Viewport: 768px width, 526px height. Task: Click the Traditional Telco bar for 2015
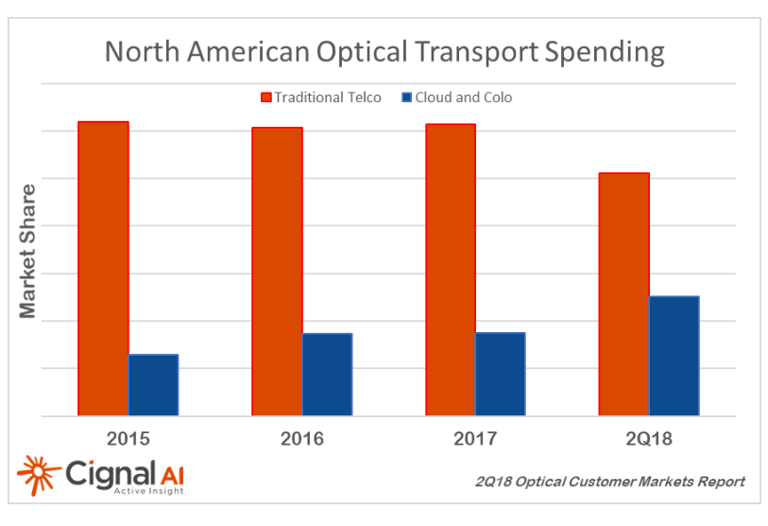pos(103,269)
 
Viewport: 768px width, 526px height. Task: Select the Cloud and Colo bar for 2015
pos(153,385)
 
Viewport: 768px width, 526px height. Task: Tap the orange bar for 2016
pos(277,272)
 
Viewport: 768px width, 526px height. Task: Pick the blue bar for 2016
pos(327,375)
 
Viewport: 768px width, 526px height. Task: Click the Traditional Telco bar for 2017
pos(451,270)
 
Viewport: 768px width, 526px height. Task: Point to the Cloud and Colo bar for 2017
pos(501,374)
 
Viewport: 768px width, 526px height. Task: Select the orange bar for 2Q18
pos(624,294)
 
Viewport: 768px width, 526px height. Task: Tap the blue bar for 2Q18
pos(674,356)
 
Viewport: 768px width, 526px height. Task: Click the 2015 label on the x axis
pos(128,439)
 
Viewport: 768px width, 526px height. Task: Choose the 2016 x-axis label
pos(301,439)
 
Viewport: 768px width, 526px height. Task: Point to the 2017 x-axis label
pos(475,439)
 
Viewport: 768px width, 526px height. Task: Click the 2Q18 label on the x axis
pos(649,439)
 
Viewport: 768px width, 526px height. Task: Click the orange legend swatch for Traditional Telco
pos(265,97)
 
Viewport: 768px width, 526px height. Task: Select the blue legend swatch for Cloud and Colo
pos(406,97)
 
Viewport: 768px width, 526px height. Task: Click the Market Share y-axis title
pos(28,251)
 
